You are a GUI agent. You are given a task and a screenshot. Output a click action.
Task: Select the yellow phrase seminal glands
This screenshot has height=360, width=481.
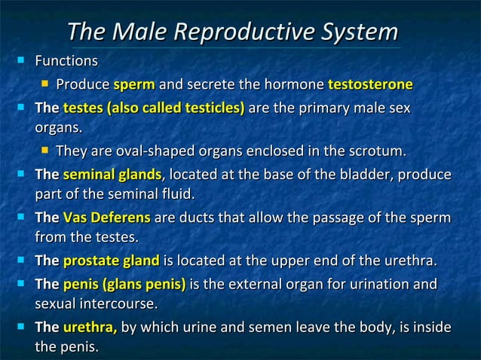click(x=112, y=175)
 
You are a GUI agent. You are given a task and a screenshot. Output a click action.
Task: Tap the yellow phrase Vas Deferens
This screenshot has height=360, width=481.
click(x=106, y=219)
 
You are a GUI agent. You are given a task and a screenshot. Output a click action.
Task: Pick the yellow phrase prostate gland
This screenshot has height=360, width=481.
click(x=111, y=262)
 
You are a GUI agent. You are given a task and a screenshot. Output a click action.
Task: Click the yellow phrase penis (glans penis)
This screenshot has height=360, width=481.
click(x=124, y=285)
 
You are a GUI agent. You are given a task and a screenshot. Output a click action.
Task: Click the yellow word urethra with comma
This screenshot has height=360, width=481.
click(x=90, y=328)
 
